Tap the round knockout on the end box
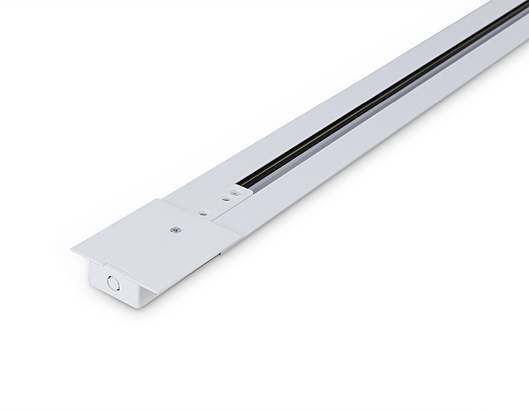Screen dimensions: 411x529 pyautogui.click(x=112, y=282)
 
